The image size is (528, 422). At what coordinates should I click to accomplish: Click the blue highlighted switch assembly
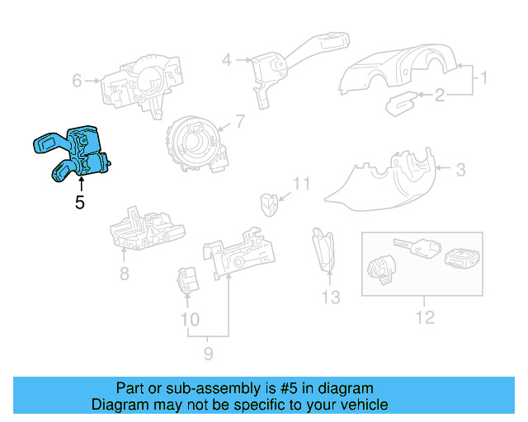click(x=73, y=152)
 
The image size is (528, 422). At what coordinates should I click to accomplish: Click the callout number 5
click(x=80, y=202)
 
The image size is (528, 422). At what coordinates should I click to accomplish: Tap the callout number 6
click(x=78, y=81)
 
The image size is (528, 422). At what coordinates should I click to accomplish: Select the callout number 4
click(x=226, y=59)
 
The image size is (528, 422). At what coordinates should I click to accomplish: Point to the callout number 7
click(x=239, y=122)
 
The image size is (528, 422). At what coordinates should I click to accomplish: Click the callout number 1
click(x=485, y=79)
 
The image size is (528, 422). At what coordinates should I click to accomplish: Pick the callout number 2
click(x=440, y=97)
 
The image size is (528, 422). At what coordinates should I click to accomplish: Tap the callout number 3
click(x=460, y=170)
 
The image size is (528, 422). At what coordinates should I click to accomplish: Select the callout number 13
click(x=330, y=297)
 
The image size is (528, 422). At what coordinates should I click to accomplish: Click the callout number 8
click(x=124, y=273)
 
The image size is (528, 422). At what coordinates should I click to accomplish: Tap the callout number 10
click(x=190, y=319)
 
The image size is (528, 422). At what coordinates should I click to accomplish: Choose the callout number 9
click(x=208, y=354)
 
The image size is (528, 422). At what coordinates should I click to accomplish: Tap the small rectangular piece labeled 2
click(x=403, y=103)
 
